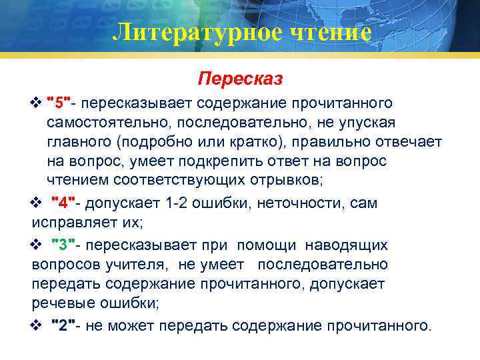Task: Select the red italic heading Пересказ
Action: pos(240,79)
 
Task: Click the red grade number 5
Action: pos(62,104)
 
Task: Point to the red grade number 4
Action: pos(67,203)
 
